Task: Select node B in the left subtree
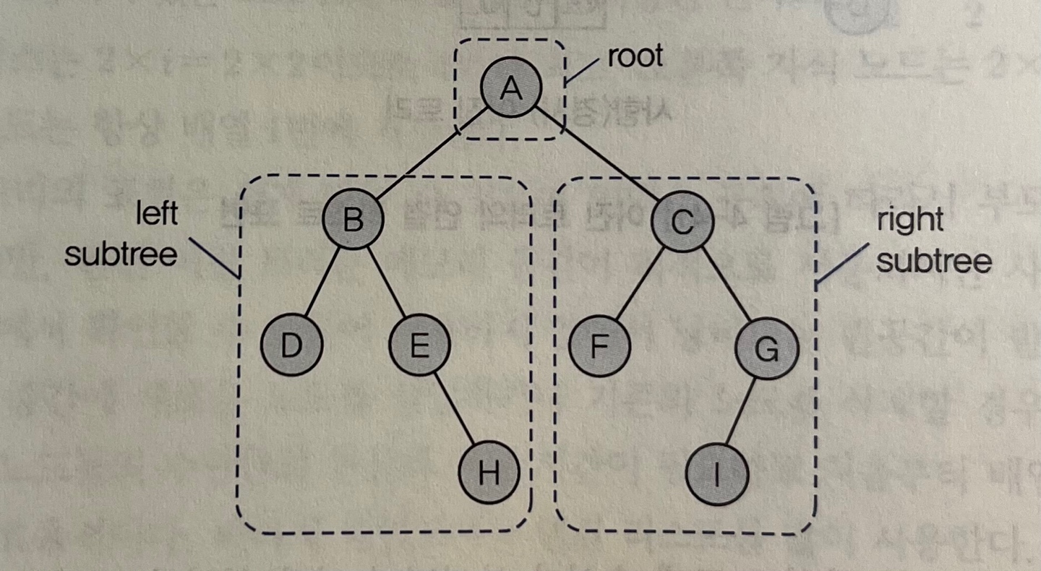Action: tap(353, 219)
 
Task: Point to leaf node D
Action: tap(291, 346)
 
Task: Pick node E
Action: tap(419, 346)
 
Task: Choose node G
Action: tap(766, 349)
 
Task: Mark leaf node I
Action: tap(716, 475)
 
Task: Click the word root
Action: tap(635, 56)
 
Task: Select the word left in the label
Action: tap(158, 215)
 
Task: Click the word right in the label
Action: tap(910, 220)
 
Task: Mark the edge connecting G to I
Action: tap(741, 411)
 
